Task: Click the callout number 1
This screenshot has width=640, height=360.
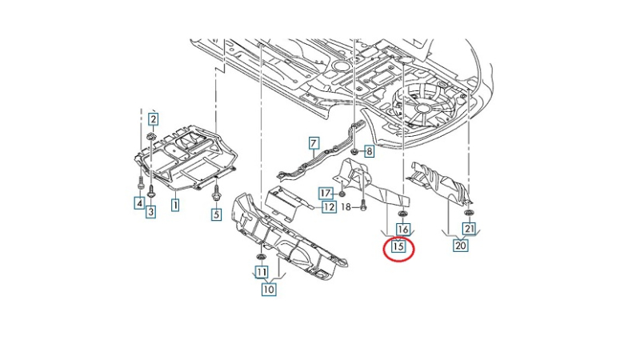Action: pyautogui.click(x=174, y=206)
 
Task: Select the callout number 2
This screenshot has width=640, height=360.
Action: pyautogui.click(x=154, y=119)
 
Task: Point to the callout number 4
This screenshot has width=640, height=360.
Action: pyautogui.click(x=139, y=204)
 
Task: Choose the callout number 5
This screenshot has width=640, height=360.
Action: pyautogui.click(x=215, y=214)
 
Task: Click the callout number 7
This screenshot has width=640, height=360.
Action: pyautogui.click(x=314, y=144)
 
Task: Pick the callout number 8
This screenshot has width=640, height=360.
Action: pyautogui.click(x=370, y=150)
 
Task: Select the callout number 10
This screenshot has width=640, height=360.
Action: pyautogui.click(x=269, y=290)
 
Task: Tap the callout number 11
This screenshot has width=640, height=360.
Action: pyautogui.click(x=260, y=272)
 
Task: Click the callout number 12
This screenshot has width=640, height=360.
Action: pyautogui.click(x=329, y=207)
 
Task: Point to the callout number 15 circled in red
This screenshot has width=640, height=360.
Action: pyautogui.click(x=398, y=248)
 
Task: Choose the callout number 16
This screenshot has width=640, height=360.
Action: pyautogui.click(x=403, y=230)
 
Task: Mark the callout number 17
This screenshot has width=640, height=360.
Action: pyautogui.click(x=326, y=193)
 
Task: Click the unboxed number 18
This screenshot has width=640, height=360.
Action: pyautogui.click(x=346, y=206)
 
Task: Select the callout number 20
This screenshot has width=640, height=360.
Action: pyautogui.click(x=460, y=246)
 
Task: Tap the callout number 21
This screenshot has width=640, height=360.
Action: pyautogui.click(x=470, y=230)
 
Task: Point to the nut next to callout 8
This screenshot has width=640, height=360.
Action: pyautogui.click(x=356, y=150)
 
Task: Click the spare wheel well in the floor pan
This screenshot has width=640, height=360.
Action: pyautogui.click(x=425, y=100)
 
